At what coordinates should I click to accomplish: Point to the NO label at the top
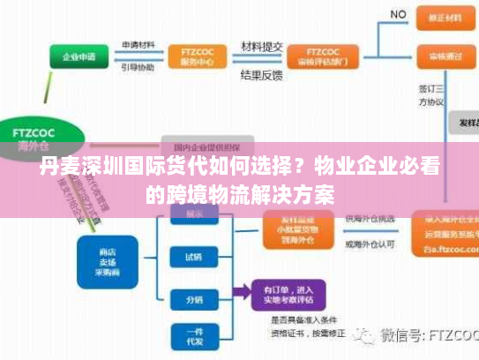pyautogui.click(x=398, y=15)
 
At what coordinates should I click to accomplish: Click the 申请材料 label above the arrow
pyautogui.click(x=138, y=45)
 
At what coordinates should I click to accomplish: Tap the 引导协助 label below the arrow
pyautogui.click(x=138, y=67)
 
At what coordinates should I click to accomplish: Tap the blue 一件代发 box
pyautogui.click(x=193, y=338)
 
